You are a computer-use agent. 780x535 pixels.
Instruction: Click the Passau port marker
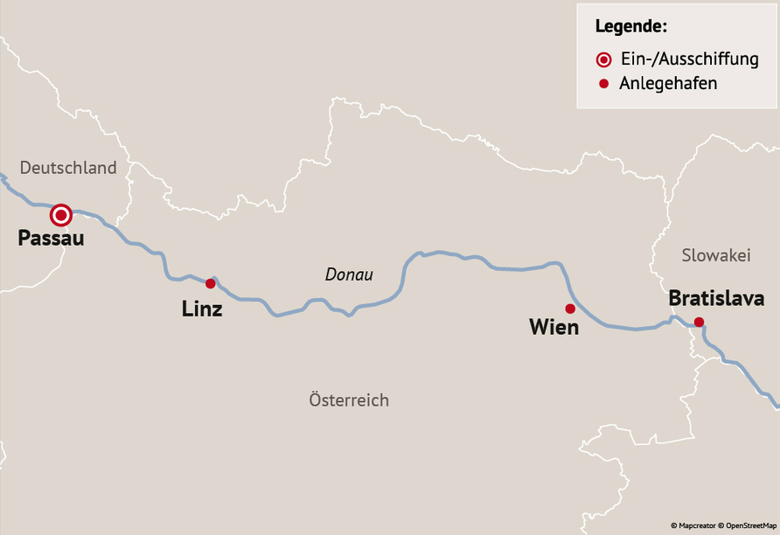pyautogui.click(x=60, y=214)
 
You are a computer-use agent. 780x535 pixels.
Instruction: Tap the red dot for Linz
pyautogui.click(x=210, y=283)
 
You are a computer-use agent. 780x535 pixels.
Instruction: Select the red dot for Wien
pyautogui.click(x=570, y=308)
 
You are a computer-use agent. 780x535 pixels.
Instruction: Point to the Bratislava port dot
pyautogui.click(x=699, y=322)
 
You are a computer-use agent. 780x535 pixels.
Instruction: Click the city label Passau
pyautogui.click(x=51, y=238)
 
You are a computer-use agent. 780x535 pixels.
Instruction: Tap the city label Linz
pyautogui.click(x=202, y=309)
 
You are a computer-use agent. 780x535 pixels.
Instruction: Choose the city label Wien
pyautogui.click(x=554, y=328)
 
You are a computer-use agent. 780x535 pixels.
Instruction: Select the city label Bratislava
pyautogui.click(x=716, y=299)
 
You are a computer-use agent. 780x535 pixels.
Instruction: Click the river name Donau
pyautogui.click(x=349, y=274)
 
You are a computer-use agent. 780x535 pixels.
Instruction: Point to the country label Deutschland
pyautogui.click(x=68, y=168)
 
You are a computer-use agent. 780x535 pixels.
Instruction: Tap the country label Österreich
pyautogui.click(x=349, y=400)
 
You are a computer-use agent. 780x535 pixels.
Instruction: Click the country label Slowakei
pyautogui.click(x=716, y=255)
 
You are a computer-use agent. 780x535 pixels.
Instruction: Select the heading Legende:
pyautogui.click(x=631, y=25)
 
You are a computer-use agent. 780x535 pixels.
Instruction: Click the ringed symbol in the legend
pyautogui.click(x=603, y=59)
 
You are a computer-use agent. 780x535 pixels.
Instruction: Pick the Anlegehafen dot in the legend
pyautogui.click(x=603, y=84)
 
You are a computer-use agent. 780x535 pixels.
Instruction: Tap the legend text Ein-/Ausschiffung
pyautogui.click(x=688, y=59)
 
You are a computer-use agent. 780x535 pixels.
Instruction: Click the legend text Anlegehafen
pyautogui.click(x=668, y=84)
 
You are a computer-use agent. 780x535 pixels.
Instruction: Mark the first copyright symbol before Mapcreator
pyautogui.click(x=674, y=525)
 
